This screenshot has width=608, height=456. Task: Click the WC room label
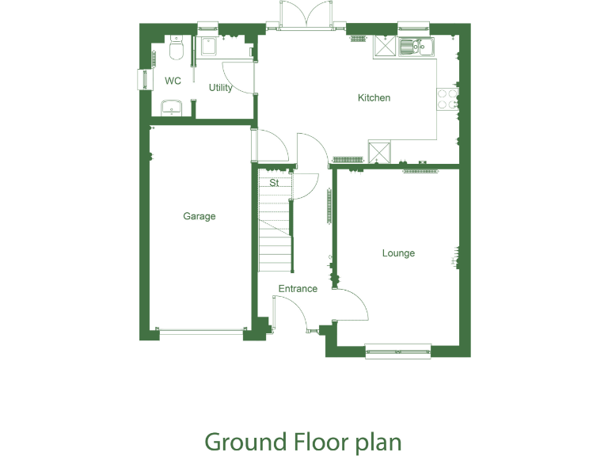tap(173, 81)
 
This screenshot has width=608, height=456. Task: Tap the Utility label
tap(221, 88)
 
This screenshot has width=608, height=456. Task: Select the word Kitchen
tap(374, 98)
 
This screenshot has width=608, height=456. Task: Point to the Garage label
tap(199, 216)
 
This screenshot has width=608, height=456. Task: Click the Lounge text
tap(398, 253)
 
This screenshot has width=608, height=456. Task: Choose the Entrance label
tap(298, 289)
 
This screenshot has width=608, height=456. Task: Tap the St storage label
tap(274, 183)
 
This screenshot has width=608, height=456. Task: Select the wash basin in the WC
tap(171, 108)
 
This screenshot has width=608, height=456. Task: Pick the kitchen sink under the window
tap(416, 47)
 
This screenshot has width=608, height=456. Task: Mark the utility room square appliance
tap(210, 47)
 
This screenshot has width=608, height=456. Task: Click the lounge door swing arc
tap(356, 305)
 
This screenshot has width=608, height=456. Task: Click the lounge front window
tap(398, 350)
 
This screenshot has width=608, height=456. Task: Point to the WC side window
tap(143, 80)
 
